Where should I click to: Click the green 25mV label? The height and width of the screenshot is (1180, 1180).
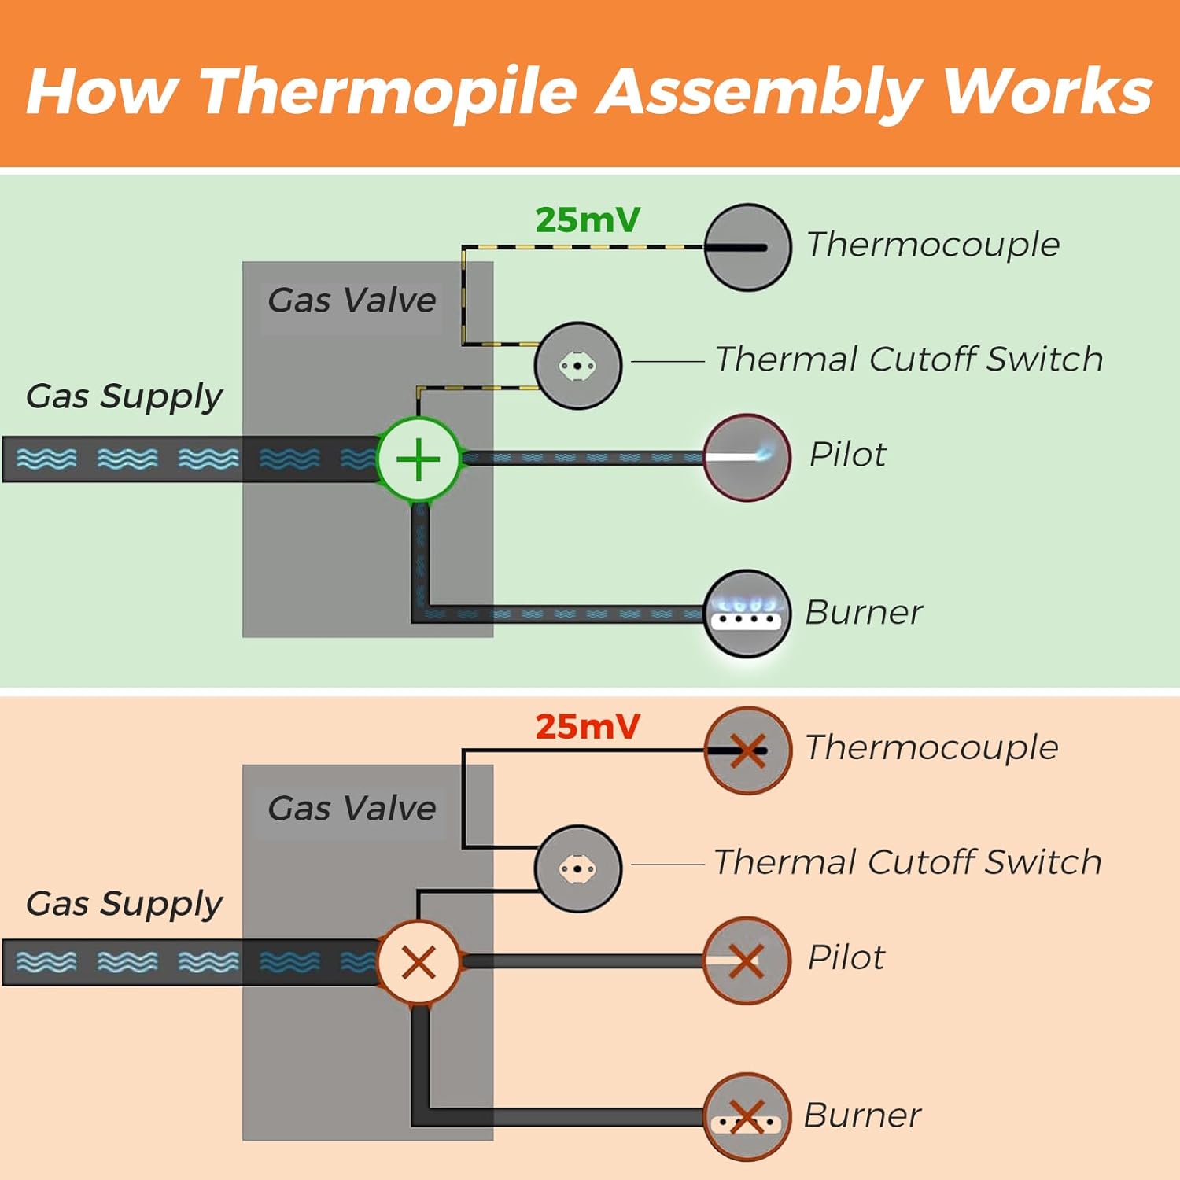pos(588,220)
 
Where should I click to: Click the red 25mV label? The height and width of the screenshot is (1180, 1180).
pos(588,727)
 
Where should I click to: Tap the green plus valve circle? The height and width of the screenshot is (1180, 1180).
pos(419,459)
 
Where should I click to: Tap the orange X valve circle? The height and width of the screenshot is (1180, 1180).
pos(419,961)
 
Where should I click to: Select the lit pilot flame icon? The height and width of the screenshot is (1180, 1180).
pos(747,457)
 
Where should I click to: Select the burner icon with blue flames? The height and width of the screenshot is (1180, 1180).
pos(747,613)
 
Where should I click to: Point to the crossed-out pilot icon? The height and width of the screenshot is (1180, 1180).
pos(747,961)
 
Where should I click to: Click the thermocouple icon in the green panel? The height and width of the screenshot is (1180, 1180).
pos(747,247)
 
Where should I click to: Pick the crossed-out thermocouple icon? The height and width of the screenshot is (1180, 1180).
pos(747,750)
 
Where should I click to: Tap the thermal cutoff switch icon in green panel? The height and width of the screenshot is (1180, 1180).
pos(577,365)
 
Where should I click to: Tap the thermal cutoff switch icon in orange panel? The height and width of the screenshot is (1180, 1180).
pos(577,868)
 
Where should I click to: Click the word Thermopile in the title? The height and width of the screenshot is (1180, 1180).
pos(389,91)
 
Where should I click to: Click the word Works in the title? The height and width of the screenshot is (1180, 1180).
pos(1047,91)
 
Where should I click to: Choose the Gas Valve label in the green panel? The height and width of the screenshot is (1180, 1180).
pos(352,301)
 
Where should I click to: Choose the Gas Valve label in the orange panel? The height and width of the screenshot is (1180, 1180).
pos(352,809)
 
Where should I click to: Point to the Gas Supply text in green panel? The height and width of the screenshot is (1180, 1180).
pos(124,396)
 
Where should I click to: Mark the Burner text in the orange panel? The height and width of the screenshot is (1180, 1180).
pos(862,1115)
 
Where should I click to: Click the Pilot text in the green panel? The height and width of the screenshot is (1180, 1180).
pos(847,455)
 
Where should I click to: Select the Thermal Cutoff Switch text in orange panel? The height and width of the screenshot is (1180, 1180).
pos(907,862)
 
